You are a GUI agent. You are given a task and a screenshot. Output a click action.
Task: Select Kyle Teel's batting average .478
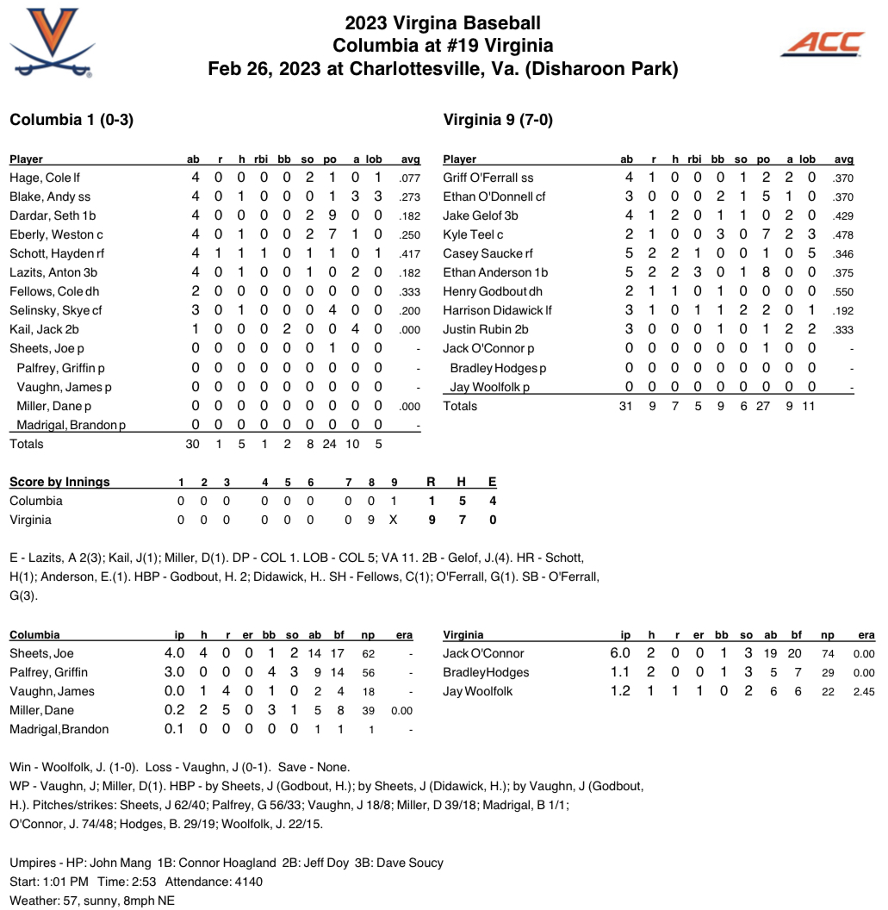click(x=843, y=234)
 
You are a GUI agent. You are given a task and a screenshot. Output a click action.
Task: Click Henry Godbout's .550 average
click(x=843, y=291)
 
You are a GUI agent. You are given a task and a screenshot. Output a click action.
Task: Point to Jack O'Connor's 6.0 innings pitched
click(x=620, y=653)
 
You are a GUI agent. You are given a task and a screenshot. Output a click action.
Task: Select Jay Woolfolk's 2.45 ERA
click(x=863, y=691)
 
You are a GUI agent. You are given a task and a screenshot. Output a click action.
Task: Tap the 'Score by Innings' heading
click(x=59, y=482)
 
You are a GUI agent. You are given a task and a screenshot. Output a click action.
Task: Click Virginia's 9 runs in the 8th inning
click(x=371, y=520)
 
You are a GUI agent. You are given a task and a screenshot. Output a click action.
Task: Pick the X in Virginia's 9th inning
click(x=394, y=520)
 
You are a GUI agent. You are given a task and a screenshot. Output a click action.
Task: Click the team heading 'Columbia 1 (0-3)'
click(x=71, y=120)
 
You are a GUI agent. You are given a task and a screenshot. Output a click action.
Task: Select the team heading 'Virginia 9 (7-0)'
click(x=497, y=120)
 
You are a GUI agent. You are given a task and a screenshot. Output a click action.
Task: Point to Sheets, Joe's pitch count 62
click(x=368, y=653)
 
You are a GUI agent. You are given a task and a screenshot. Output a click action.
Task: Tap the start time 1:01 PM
click(x=71, y=882)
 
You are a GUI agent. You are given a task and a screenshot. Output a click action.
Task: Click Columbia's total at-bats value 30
click(x=192, y=444)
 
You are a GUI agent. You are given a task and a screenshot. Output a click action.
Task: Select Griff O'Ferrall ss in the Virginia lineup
click(x=487, y=178)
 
